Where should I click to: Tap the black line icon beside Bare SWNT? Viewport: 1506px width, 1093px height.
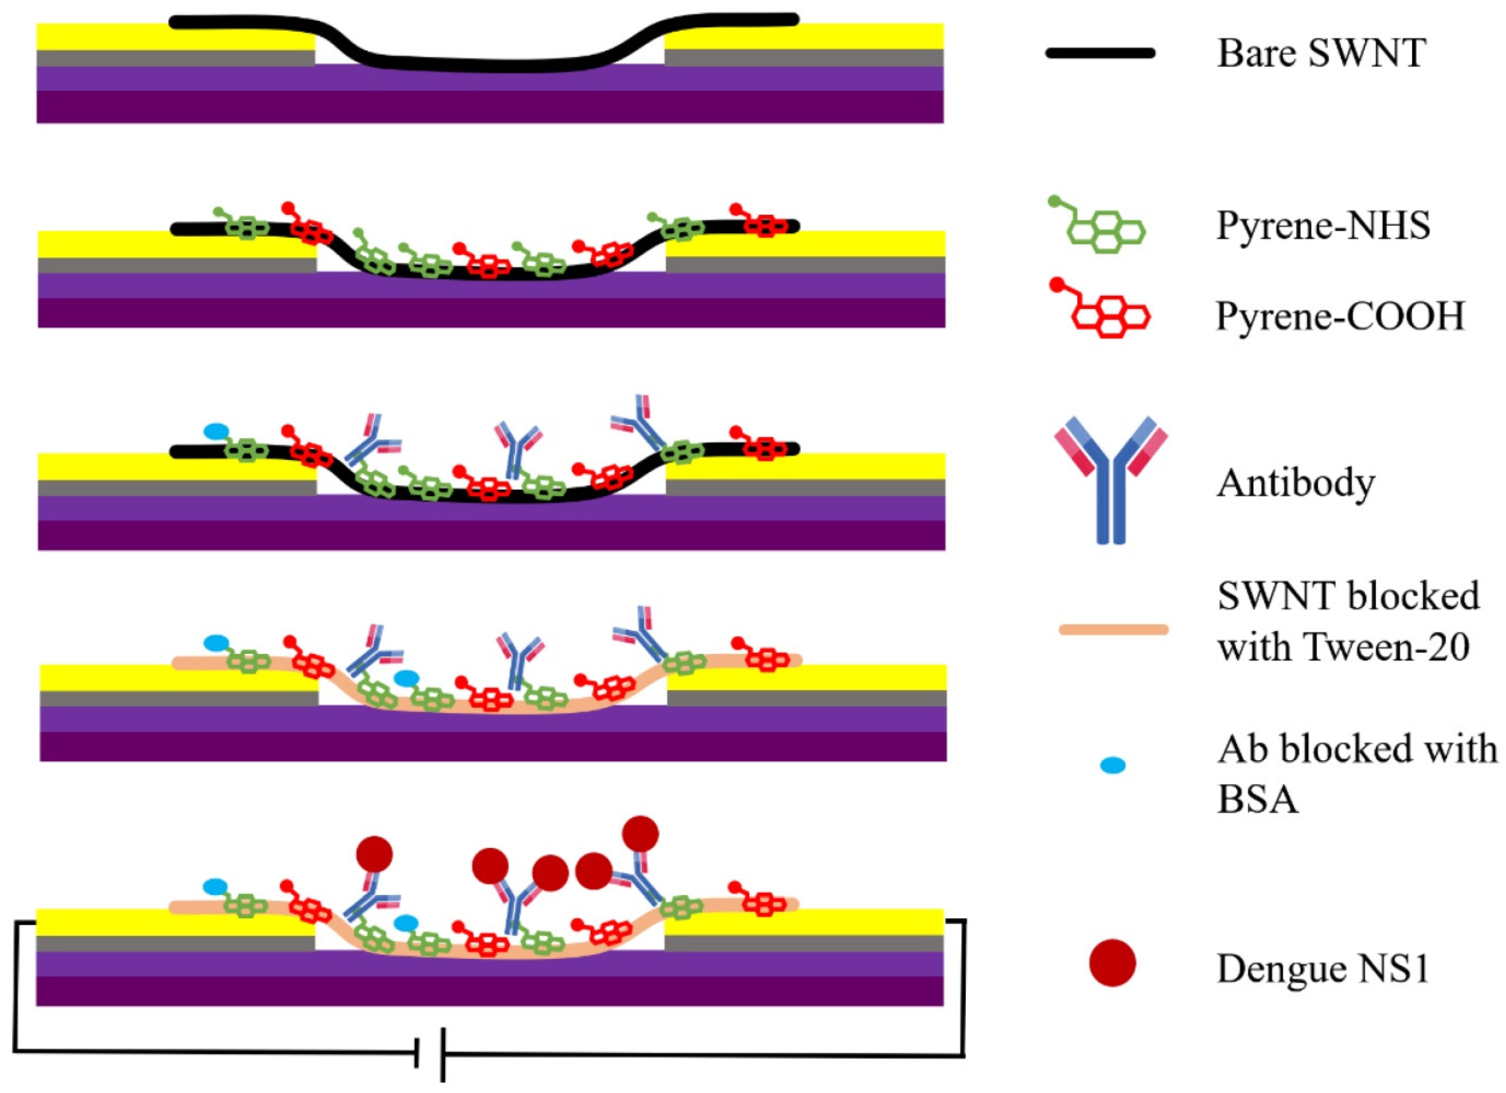coord(1100,53)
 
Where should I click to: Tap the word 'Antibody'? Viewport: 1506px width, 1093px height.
coord(1295,483)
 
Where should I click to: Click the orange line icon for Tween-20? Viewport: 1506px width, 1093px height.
coord(1114,629)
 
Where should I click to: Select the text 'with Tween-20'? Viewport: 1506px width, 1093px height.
coord(1343,646)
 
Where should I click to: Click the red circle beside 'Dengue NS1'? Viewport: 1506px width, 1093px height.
coord(1112,963)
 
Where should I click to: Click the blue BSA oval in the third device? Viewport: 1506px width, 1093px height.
coord(216,432)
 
